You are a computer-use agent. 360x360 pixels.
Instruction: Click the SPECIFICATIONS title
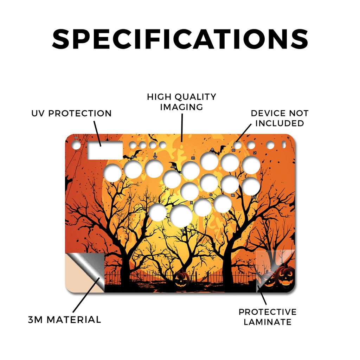pos(180,39)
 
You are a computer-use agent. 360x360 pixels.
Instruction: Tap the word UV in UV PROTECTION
pos(38,114)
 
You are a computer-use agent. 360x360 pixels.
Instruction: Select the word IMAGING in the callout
pos(181,107)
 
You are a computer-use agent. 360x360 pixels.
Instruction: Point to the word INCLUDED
pos(279,123)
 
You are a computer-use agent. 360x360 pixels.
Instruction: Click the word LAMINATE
pos(268,322)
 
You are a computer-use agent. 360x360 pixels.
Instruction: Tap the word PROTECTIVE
pos(268,312)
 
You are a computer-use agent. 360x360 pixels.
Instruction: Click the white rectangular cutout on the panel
pos(105,150)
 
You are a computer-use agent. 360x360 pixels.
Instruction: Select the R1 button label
pos(233,150)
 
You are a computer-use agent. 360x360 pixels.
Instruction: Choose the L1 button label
pos(255,153)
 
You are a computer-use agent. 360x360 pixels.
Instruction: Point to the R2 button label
pos(233,195)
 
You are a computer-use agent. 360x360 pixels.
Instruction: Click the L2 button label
pos(254,197)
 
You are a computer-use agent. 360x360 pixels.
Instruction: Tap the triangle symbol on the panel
pos(212,149)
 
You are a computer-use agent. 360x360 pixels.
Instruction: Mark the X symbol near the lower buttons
pos(192,203)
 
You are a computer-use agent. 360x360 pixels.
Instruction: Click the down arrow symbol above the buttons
pos(155,156)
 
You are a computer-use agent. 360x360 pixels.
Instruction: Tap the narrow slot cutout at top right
pos(284,144)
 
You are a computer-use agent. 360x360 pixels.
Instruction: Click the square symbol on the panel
pos(193,158)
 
